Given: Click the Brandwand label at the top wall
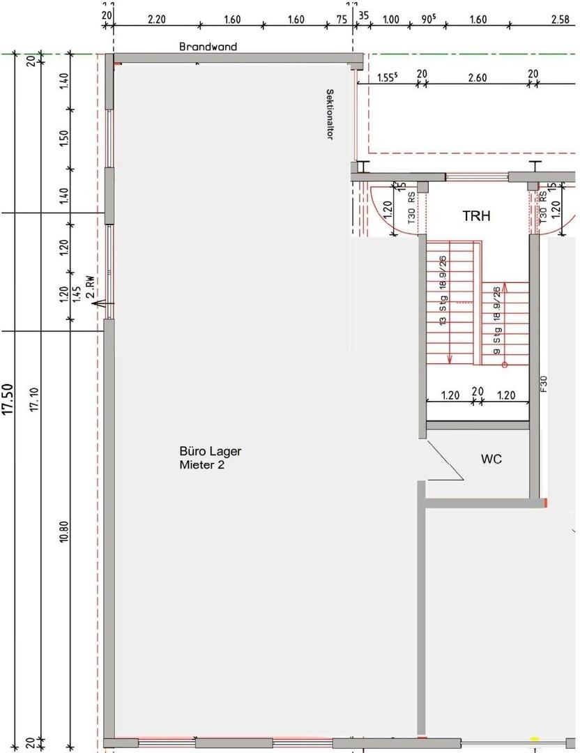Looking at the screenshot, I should [x=208, y=47].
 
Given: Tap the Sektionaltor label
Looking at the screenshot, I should [x=328, y=114].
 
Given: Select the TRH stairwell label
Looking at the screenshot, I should [x=476, y=216].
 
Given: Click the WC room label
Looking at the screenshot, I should [x=491, y=459].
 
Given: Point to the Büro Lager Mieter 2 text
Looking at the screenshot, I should [x=211, y=458].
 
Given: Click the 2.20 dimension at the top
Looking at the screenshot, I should [x=157, y=20].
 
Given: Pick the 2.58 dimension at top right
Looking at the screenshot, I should [x=560, y=20].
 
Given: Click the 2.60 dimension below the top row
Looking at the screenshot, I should [x=477, y=77].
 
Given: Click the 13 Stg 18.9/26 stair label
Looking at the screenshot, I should [x=442, y=291].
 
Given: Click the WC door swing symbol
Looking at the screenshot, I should [x=443, y=463].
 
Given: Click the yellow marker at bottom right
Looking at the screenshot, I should [x=535, y=739].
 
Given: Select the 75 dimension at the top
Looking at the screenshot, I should [x=342, y=20].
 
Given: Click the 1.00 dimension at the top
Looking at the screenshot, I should [x=391, y=20].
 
